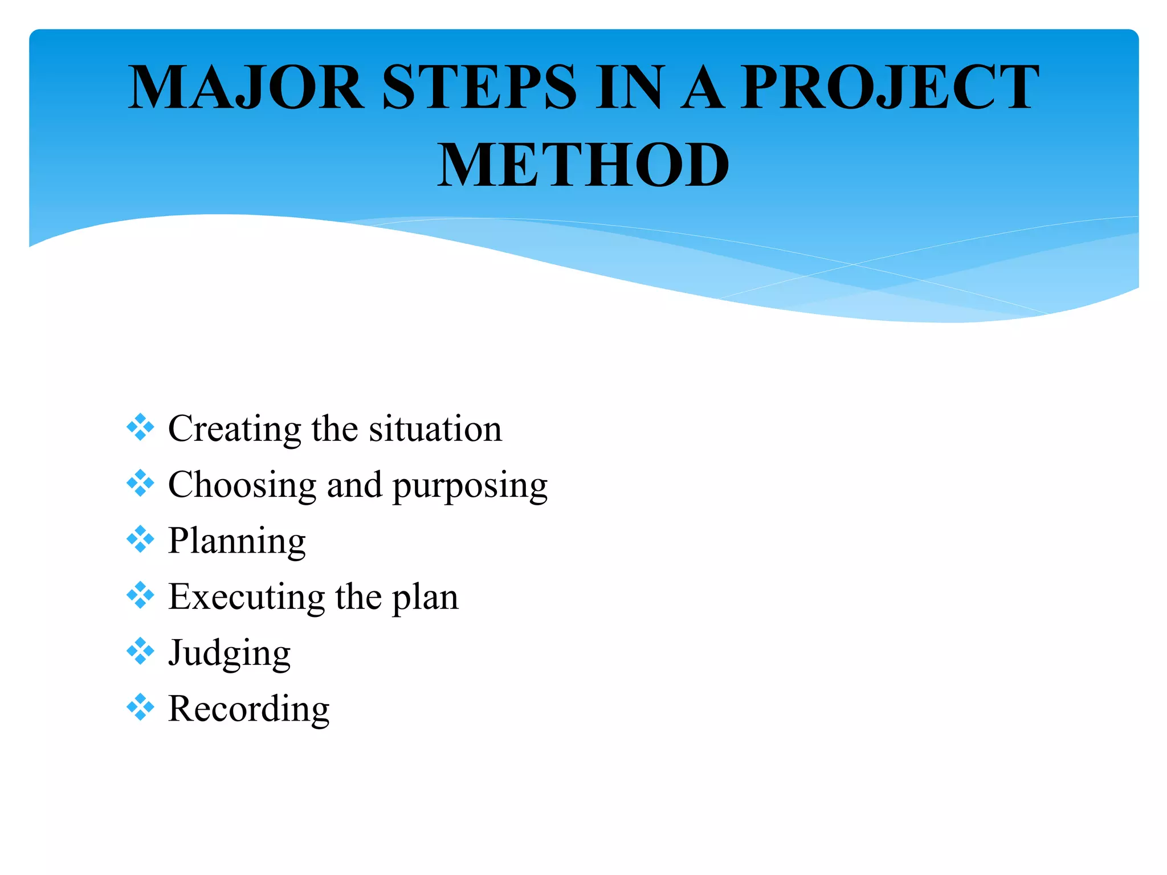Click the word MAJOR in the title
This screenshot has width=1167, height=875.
coord(246,88)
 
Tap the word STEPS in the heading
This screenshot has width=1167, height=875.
coord(479,88)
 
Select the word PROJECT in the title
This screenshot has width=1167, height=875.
coord(889,88)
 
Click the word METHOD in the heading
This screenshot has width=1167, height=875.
coord(582,166)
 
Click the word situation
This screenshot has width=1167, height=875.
coord(435,429)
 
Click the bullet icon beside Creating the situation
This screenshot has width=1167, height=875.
coord(140,427)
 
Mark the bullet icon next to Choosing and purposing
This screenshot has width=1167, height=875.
coord(140,483)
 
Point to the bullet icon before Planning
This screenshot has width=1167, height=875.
coord(140,539)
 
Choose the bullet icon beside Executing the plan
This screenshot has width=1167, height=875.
coord(140,595)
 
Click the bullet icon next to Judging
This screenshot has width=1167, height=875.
coord(140,651)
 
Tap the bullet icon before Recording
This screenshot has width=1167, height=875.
coord(140,708)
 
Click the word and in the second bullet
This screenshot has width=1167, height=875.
coord(354,485)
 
